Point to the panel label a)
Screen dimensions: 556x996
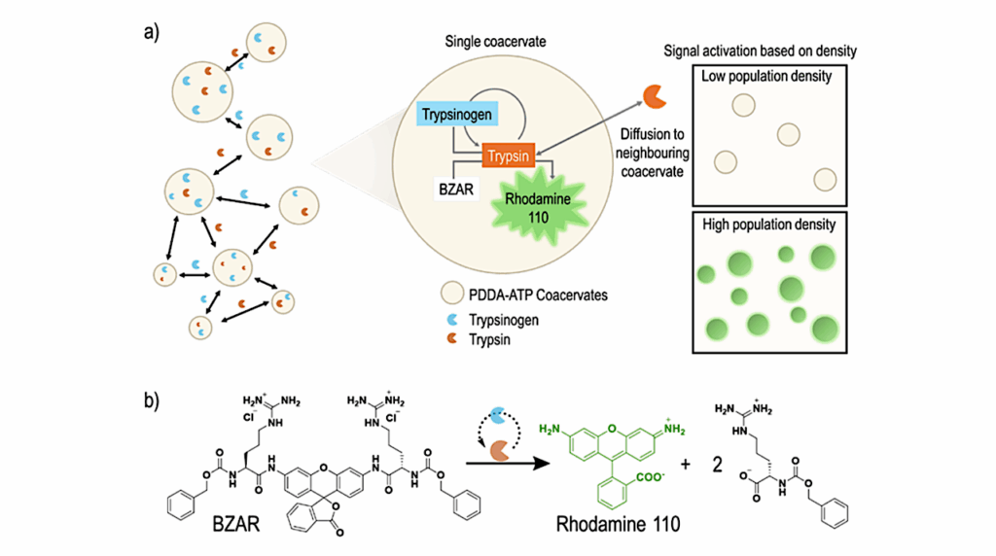pyautogui.click(x=153, y=29)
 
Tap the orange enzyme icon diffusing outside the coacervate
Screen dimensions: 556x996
pyautogui.click(x=652, y=94)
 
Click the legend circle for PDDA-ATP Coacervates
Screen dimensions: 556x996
pyautogui.click(x=450, y=294)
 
